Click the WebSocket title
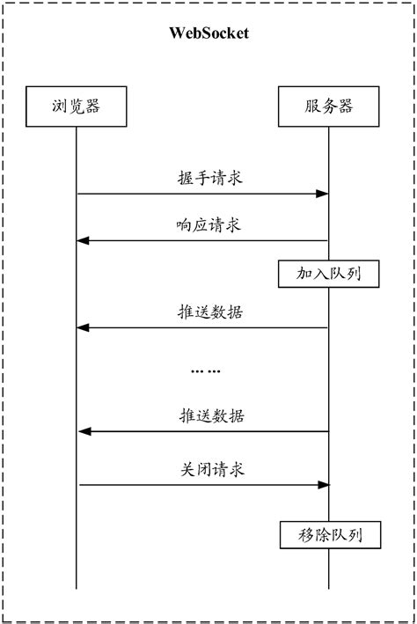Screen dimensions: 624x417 208,34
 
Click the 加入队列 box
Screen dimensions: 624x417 330,275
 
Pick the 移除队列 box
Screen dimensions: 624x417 330,534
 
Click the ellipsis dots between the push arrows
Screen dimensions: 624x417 206,371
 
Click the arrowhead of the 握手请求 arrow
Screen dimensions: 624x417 324,194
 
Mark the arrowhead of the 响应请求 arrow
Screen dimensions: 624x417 83,240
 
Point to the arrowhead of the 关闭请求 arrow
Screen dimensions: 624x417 324,484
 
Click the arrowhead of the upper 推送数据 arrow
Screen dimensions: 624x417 83,327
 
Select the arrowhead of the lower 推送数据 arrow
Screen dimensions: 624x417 83,431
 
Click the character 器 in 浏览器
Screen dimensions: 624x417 92,106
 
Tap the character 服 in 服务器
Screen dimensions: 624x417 310,106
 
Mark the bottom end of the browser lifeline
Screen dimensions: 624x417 76,588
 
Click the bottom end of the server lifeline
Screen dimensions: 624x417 329,588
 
